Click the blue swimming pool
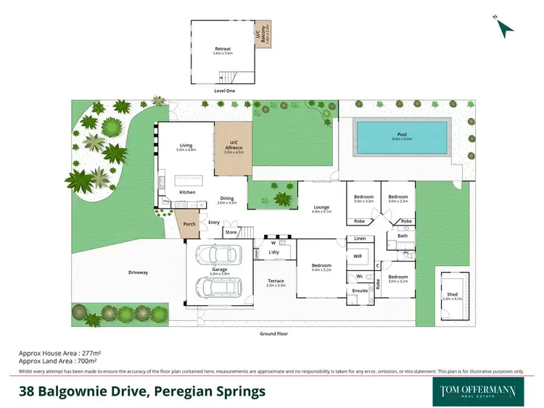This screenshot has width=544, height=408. pos(401,138)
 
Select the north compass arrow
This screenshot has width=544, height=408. pos(505,27)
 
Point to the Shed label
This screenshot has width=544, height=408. pos(452,294)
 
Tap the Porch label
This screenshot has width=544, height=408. pos(189,224)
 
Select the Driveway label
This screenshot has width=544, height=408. pos(138,272)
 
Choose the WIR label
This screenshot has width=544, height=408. pos(357,257)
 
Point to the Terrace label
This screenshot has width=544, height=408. pos(276,281)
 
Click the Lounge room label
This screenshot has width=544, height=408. pos(321,207)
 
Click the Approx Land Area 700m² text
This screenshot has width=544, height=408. pos(58,360)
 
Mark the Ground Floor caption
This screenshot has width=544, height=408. pos(273,333)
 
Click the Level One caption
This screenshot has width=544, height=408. pos(224,91)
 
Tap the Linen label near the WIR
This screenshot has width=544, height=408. pos(359,238)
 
